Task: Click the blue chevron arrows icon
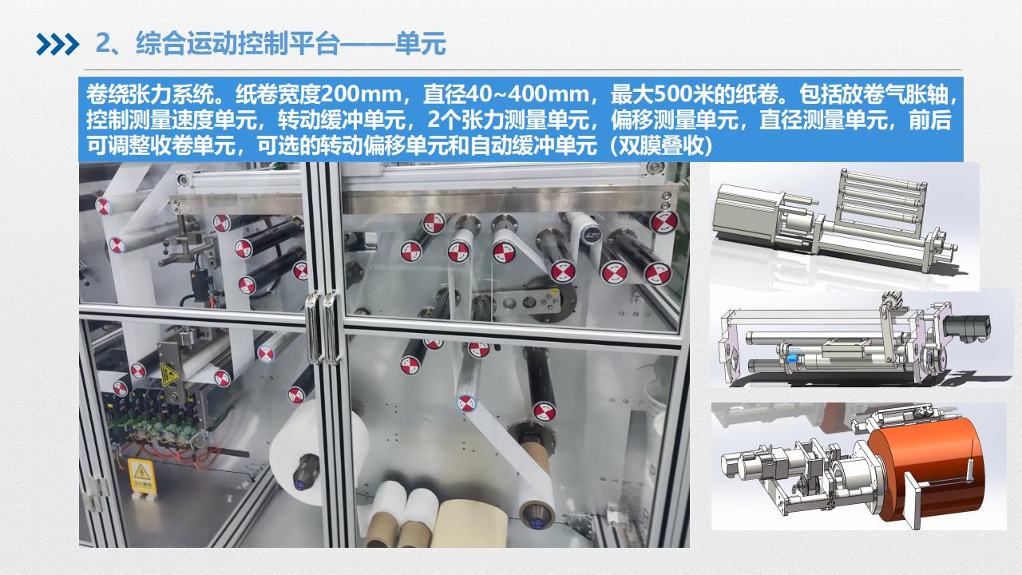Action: pos(57,44)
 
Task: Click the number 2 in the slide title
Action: pos(103,44)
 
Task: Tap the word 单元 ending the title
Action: pos(420,44)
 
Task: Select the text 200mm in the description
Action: pos(361,94)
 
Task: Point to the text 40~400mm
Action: pos(547,94)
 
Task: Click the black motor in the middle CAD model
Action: pos(967,329)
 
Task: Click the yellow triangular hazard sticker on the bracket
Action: pos(168,375)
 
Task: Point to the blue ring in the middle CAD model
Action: pos(794,356)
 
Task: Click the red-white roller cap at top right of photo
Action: pos(664,223)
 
